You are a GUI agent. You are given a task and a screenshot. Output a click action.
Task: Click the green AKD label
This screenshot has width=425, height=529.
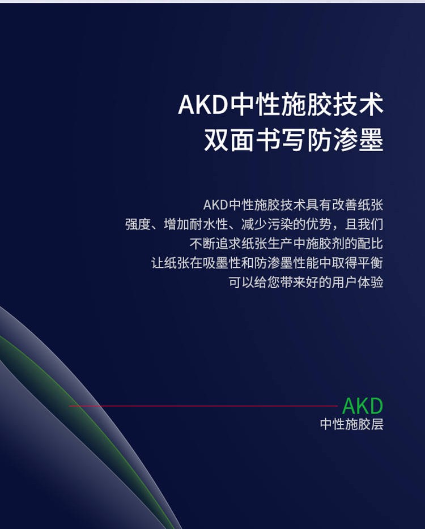pyautogui.click(x=363, y=406)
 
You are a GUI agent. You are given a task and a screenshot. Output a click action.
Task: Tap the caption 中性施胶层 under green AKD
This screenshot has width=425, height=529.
pyautogui.click(x=352, y=424)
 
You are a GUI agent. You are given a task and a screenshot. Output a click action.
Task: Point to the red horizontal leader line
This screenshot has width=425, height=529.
pyautogui.click(x=203, y=406)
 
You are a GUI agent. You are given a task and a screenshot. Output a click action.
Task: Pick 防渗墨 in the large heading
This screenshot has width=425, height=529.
pyautogui.click(x=346, y=140)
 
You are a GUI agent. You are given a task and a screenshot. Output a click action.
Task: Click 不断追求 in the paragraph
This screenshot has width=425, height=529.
pyautogui.click(x=215, y=244)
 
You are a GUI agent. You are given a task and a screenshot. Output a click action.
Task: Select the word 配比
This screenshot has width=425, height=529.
pyautogui.click(x=371, y=244)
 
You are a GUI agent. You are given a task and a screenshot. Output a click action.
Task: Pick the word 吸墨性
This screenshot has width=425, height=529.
pyautogui.click(x=222, y=263)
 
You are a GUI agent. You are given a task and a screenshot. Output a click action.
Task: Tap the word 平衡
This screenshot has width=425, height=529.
pyautogui.click(x=371, y=263)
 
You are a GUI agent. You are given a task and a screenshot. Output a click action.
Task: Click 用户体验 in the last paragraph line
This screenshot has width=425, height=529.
pyautogui.click(x=358, y=282)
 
